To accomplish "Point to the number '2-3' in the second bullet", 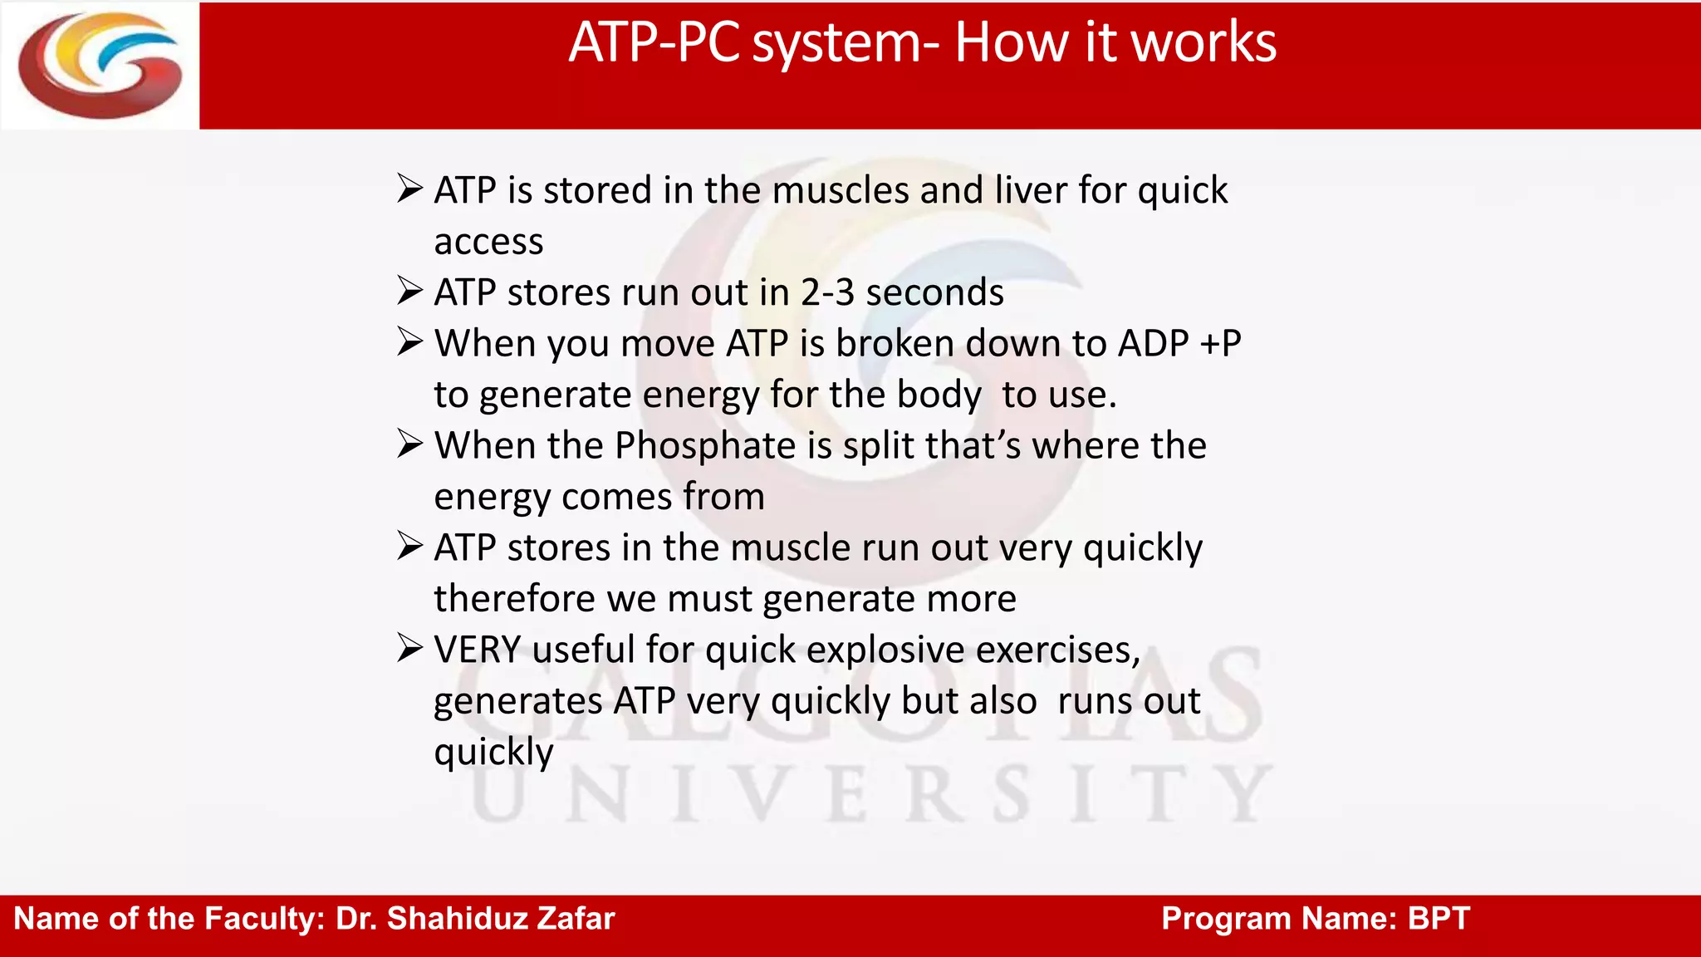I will click(x=827, y=292).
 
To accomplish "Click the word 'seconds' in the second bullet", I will click(x=934, y=292).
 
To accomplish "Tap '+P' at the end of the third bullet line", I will click(x=1221, y=344).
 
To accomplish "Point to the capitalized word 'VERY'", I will click(x=477, y=650).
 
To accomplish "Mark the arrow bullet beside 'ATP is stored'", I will click(x=410, y=189).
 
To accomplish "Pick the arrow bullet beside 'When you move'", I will click(x=410, y=341).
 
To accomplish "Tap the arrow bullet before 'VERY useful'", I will click(x=410, y=648).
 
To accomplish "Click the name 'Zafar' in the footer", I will click(x=576, y=919).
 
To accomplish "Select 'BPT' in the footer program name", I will click(x=1439, y=919).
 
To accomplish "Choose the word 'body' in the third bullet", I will click(x=939, y=395).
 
